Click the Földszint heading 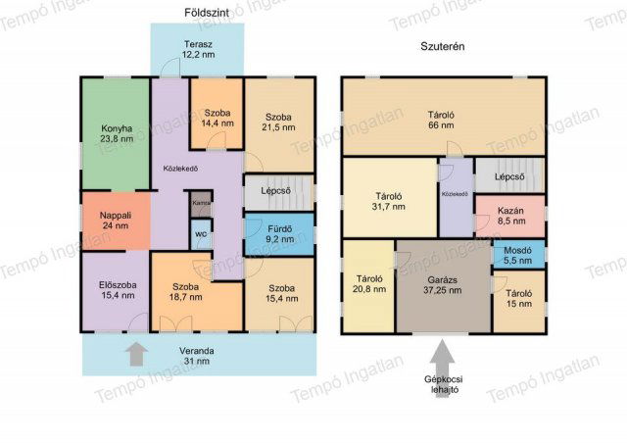(x=207, y=13)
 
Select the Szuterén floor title (x=442, y=46)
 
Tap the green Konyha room (x=116, y=133)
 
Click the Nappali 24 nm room (x=116, y=221)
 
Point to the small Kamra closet (x=201, y=204)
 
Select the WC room (x=201, y=234)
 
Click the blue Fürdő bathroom (x=279, y=234)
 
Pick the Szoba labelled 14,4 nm (x=217, y=114)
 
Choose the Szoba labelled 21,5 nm (x=279, y=124)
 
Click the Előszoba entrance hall (x=116, y=290)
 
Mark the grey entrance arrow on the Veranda (x=136, y=354)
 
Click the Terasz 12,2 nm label (x=198, y=50)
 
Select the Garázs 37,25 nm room (x=443, y=286)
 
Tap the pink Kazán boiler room (x=511, y=216)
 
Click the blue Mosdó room (x=518, y=255)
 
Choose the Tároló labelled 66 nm (x=444, y=116)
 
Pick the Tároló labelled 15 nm (x=518, y=302)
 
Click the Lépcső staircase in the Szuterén (x=509, y=176)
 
